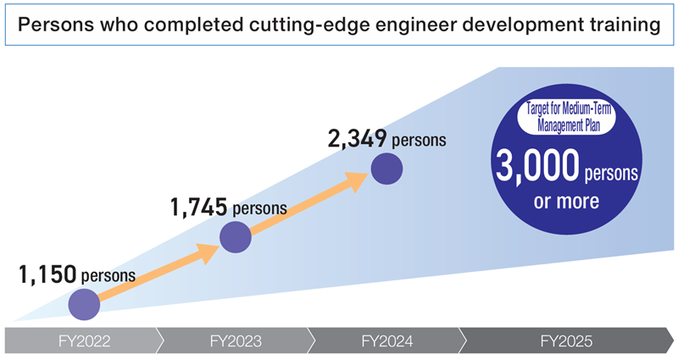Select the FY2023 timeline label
(234, 341)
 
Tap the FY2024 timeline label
(386, 341)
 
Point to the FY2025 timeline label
(566, 341)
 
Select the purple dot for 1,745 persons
(236, 236)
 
